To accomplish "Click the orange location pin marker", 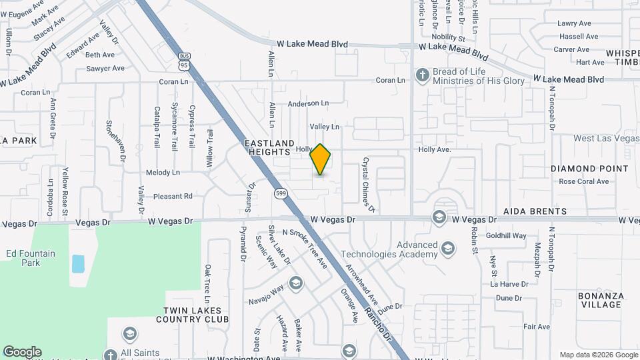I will pos(321,159).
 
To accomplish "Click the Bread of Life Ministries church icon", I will pos(421,75).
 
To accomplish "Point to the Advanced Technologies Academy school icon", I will pos(448,249).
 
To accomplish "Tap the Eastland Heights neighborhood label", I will pos(269,148).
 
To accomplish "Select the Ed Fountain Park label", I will pos(31,258).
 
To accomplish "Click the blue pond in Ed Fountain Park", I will pos(78,263).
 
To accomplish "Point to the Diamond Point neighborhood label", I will pos(589,169).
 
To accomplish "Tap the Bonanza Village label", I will pos(601,300).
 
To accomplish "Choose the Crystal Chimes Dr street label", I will pos(369,185).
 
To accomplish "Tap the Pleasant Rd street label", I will pos(173,196).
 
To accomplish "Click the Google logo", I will pos(22,352).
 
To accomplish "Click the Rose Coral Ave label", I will pos(583,181).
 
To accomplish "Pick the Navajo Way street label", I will pos(267,288).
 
